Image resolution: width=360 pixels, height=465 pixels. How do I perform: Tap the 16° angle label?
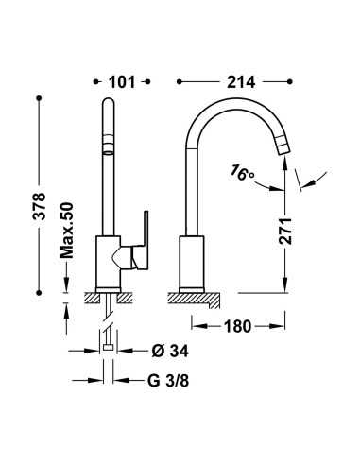(242, 174)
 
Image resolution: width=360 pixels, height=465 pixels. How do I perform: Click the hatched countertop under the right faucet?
(195, 299)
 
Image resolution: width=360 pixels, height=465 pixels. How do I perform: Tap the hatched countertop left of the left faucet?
(92, 299)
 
